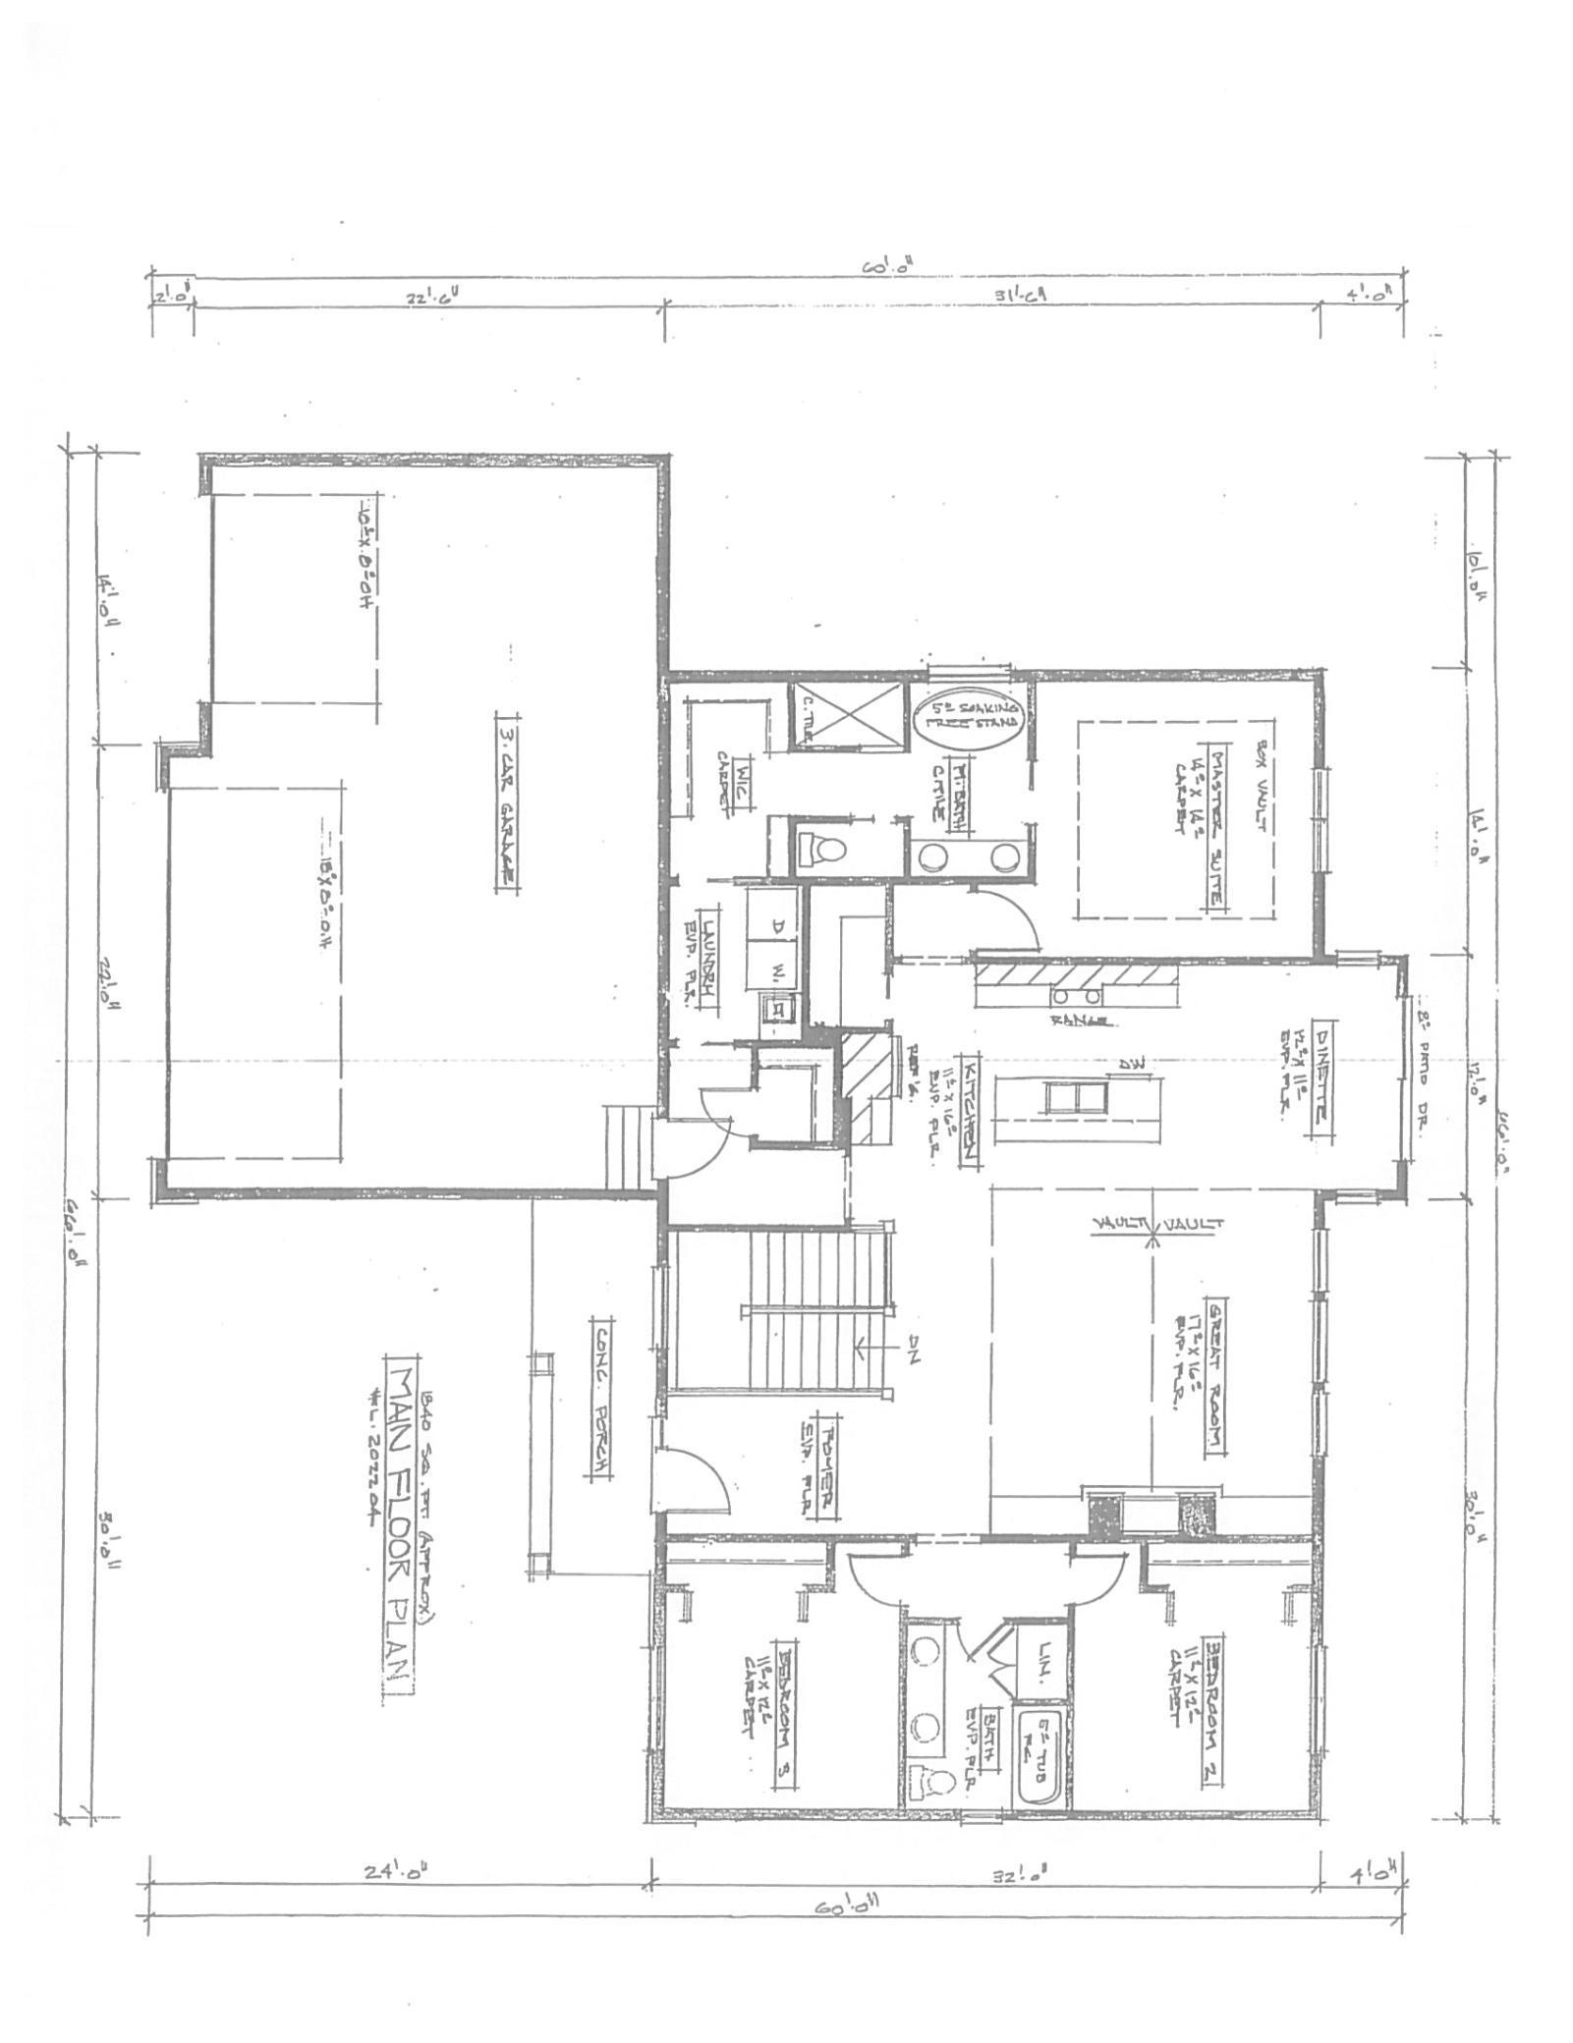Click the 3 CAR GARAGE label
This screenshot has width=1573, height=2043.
click(509, 801)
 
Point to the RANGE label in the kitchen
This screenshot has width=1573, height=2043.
click(1081, 1021)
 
